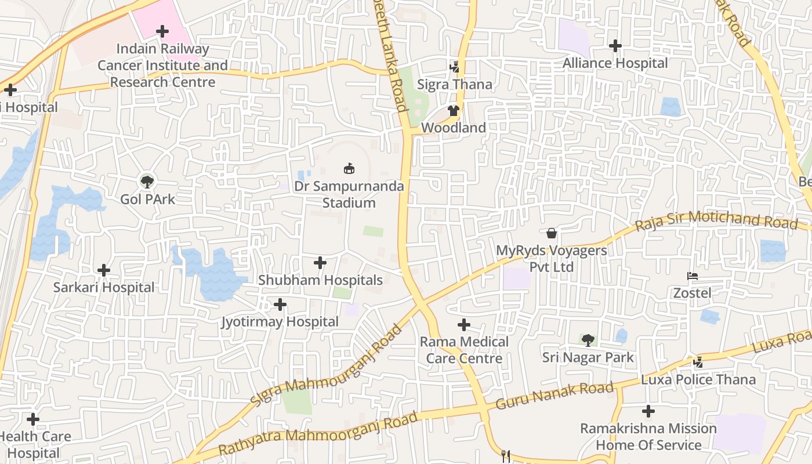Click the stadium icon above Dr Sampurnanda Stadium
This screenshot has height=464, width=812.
349,169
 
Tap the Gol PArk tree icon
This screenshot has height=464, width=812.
147,182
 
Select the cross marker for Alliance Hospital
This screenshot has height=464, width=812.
615,45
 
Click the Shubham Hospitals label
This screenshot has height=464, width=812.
320,280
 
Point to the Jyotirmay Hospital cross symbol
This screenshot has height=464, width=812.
280,304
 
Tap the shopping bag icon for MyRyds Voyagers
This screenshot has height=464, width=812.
552,233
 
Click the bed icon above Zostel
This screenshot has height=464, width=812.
692,276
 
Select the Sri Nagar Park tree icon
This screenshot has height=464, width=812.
588,340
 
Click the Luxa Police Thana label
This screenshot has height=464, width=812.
698,380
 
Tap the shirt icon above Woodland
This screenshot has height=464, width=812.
454,110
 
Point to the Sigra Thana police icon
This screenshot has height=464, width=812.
455,67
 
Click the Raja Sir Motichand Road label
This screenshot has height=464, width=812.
716,221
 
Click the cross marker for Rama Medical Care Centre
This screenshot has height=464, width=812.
464,325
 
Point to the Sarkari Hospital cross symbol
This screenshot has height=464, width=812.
104,270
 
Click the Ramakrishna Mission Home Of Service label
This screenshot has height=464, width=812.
648,437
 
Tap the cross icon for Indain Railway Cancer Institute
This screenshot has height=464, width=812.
162,31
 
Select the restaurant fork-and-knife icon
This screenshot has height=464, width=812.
506,456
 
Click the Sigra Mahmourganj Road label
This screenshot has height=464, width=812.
326,365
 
